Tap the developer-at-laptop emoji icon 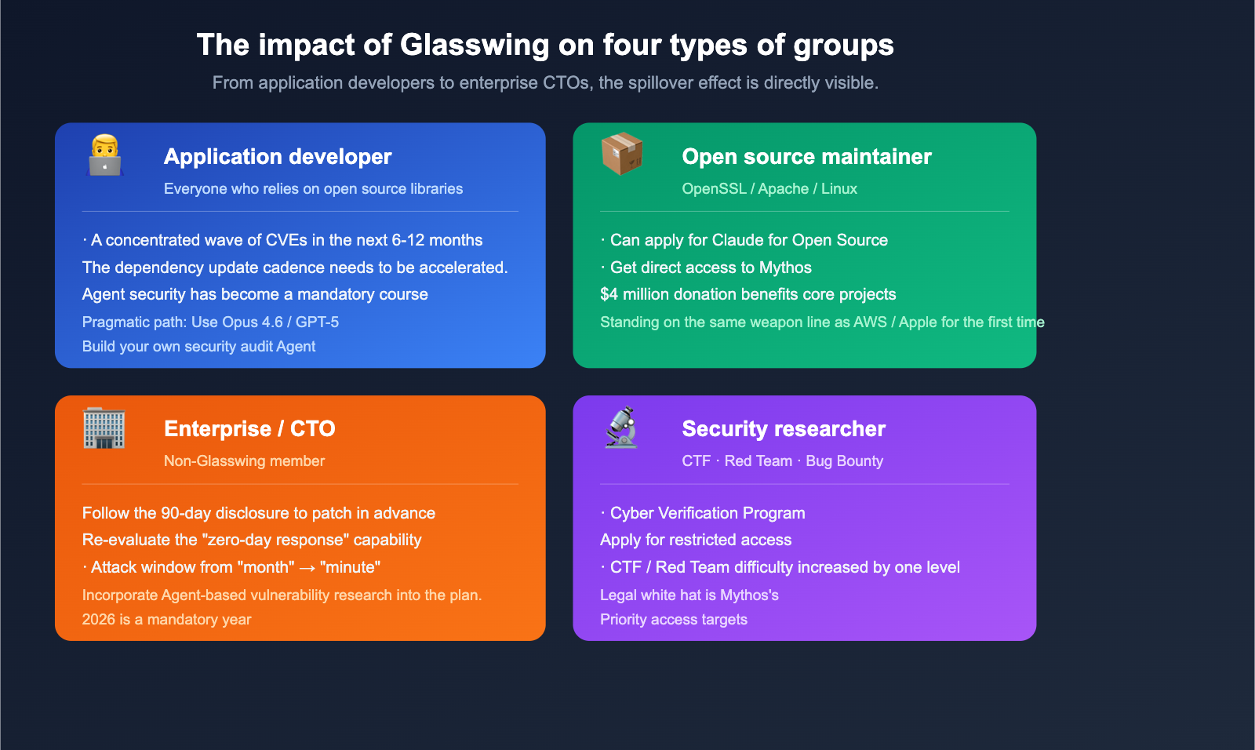click(104, 155)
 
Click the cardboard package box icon click(622, 153)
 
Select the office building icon click(104, 428)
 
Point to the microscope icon click(622, 428)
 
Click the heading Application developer click(278, 157)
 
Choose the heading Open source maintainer click(806, 157)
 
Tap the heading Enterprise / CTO click(249, 429)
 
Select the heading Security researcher click(784, 429)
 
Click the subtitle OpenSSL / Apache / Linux click(769, 189)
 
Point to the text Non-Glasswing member click(244, 461)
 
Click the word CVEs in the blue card click(286, 241)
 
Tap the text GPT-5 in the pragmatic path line click(317, 322)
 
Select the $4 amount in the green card click(609, 295)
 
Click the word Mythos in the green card click(785, 268)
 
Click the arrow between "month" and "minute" click(307, 568)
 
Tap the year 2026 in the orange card click(98, 620)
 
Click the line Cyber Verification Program click(707, 514)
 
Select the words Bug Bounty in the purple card click(844, 461)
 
